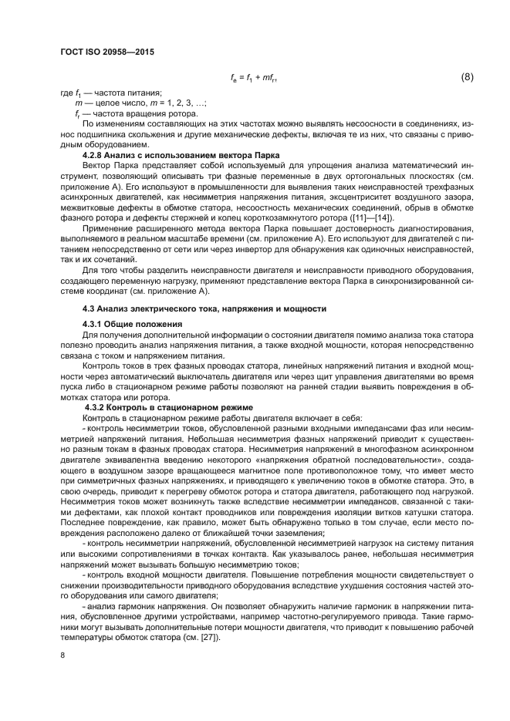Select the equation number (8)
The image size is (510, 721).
467,77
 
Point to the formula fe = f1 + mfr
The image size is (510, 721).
255,78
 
